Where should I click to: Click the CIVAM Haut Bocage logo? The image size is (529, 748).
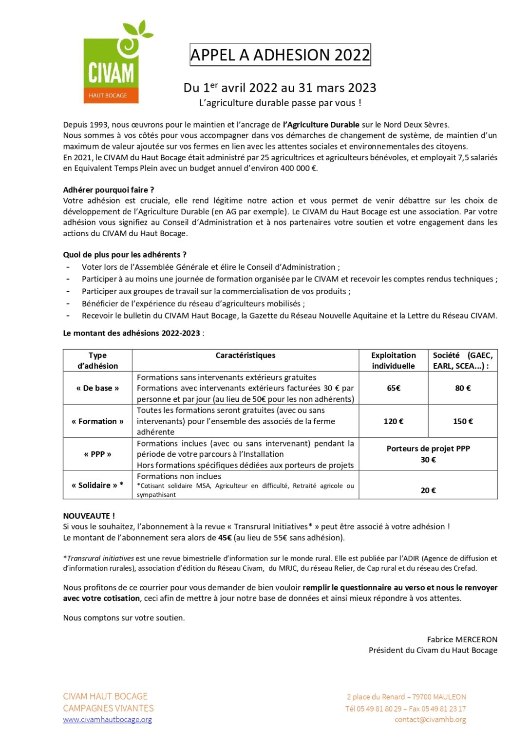[115, 63]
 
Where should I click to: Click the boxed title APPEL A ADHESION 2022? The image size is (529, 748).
[280, 55]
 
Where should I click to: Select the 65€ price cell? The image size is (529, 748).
[394, 388]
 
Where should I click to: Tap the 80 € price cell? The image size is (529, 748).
[463, 388]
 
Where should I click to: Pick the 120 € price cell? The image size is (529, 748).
[394, 421]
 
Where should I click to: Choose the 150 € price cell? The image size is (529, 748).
[463, 421]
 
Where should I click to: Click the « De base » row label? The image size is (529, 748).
[97, 388]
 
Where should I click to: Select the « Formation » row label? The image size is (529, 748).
[97, 421]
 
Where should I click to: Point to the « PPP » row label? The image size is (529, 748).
[97, 454]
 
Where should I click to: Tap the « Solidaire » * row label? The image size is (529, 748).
[97, 485]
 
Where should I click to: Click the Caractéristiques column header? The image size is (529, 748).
[246, 355]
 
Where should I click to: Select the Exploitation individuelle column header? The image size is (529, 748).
[394, 360]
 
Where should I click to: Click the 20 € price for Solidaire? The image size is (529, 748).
[428, 490]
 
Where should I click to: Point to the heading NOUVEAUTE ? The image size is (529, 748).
[89, 516]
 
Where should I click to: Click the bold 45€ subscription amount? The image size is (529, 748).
[225, 538]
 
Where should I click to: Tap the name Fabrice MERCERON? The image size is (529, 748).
[462, 639]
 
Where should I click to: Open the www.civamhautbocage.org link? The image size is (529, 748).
[107, 719]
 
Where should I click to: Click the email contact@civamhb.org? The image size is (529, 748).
[430, 719]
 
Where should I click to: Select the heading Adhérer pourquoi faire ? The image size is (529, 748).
[109, 190]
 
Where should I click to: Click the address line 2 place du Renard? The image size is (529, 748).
[406, 697]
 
